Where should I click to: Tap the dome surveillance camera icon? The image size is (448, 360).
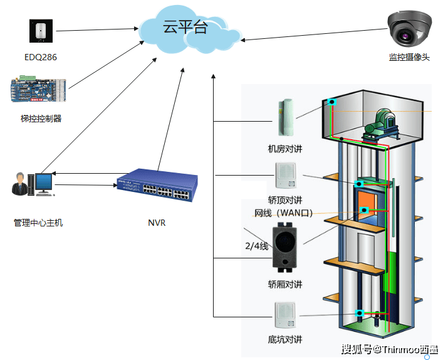point(409,29)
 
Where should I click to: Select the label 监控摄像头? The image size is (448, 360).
point(409,57)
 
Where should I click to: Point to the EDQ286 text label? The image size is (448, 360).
point(41,58)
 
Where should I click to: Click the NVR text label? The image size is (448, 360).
point(157,223)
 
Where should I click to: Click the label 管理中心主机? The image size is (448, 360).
point(38,223)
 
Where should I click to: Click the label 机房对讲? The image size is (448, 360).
point(284,149)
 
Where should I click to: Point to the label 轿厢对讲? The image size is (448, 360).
point(284,284)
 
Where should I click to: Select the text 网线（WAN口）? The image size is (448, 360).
point(283,213)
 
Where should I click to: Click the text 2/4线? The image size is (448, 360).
point(256,246)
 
